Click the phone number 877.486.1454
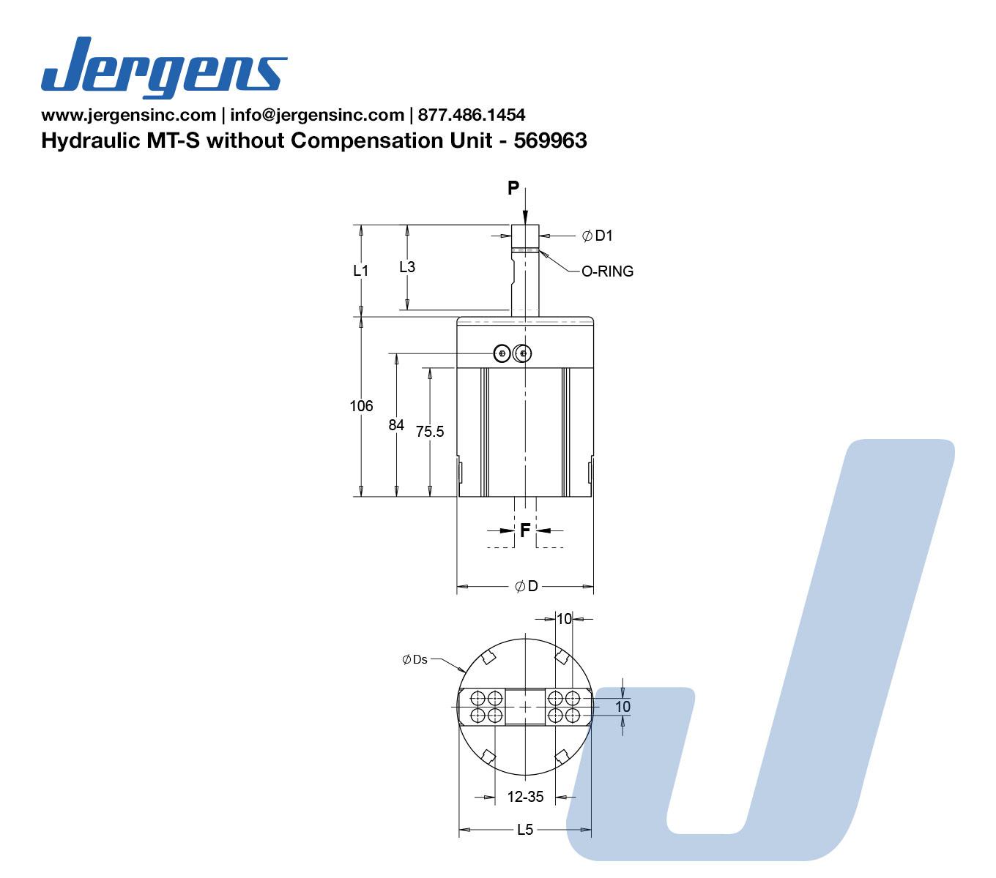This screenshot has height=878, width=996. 472,115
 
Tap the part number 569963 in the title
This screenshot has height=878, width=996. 550,141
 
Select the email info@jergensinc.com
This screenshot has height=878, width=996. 317,115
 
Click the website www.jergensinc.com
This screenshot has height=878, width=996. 129,115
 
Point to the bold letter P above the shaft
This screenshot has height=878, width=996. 513,188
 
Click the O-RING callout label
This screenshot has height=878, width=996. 607,271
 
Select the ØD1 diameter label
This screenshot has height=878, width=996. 598,236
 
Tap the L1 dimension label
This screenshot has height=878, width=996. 361,270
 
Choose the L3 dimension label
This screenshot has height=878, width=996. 407,267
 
